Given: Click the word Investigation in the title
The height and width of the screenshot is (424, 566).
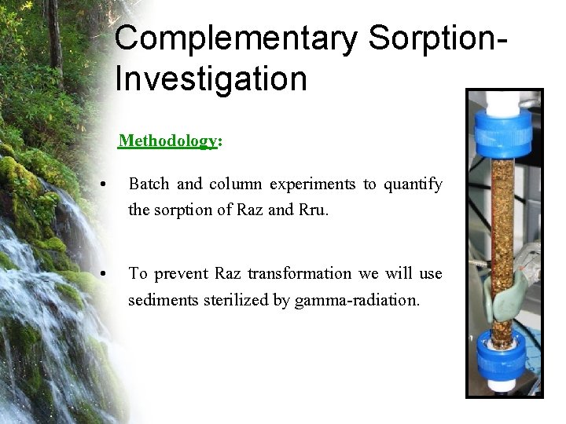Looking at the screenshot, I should tap(211, 79).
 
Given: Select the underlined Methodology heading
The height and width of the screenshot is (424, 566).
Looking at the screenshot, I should tap(167, 141).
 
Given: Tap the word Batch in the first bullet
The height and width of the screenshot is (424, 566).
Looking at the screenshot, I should tap(149, 185).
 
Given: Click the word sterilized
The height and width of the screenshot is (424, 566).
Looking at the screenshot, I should tap(235, 299).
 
